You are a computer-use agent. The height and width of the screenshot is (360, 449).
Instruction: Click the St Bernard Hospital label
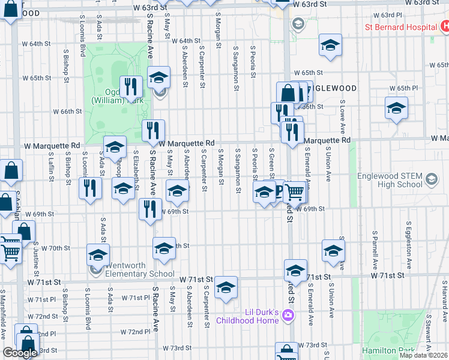pos(401,27)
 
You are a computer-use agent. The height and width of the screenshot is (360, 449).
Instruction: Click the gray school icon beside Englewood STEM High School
pos(430,178)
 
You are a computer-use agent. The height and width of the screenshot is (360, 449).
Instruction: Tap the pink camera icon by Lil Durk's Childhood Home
pos(289,315)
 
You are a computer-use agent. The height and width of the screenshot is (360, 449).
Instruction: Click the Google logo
pos(20,353)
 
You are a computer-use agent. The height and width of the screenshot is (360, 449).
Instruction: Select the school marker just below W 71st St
pos(226,288)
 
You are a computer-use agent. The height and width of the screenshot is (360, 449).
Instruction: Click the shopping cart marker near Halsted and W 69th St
pos(294,193)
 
